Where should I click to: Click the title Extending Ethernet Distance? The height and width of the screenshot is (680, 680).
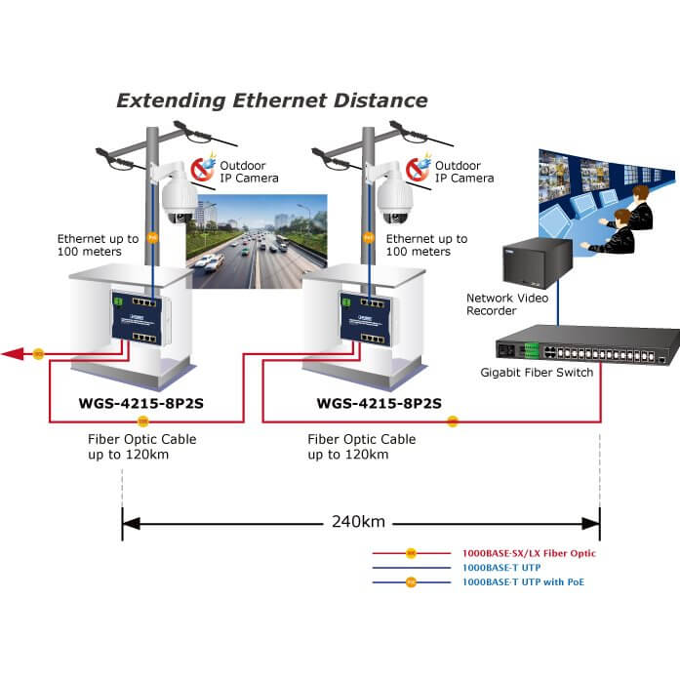click(272, 100)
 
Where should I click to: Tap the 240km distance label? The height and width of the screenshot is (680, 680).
click(359, 521)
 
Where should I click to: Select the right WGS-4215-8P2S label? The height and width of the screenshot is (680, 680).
click(380, 402)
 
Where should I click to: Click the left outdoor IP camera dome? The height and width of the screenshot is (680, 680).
click(179, 203)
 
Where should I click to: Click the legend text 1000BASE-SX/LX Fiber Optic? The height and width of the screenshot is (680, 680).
click(529, 553)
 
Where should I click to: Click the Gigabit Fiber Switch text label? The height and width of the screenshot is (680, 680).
click(537, 373)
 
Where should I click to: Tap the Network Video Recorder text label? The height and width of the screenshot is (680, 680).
click(504, 304)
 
